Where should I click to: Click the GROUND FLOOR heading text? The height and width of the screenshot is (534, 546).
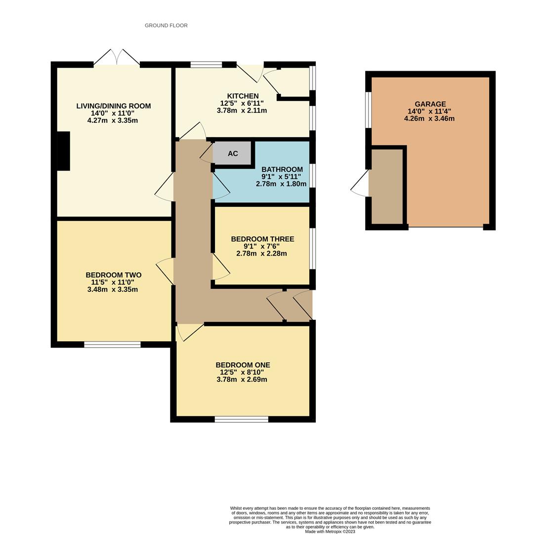[166, 25]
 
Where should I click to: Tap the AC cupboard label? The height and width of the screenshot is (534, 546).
[233, 153]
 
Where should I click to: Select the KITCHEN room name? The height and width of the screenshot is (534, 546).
[243, 96]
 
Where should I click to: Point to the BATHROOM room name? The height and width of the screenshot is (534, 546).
[282, 169]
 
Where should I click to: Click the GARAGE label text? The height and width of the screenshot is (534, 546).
[430, 104]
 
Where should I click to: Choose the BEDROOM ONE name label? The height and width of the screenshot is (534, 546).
[243, 365]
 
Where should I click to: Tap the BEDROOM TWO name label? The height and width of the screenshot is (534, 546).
[113, 275]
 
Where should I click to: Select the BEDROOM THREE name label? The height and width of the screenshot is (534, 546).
[262, 239]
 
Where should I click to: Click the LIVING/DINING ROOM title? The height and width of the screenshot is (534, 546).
[113, 106]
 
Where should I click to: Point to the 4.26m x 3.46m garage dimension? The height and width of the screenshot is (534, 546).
[429, 119]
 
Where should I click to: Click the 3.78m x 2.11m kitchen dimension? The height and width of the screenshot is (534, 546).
[242, 111]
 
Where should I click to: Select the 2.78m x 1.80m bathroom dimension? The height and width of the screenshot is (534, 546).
[281, 184]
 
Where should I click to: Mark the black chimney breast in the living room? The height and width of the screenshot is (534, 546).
[63, 151]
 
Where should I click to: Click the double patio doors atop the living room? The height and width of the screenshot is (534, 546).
[117, 58]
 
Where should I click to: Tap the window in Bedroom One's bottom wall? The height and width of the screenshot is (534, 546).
[241, 419]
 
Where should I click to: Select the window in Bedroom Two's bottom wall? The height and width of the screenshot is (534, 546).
[112, 345]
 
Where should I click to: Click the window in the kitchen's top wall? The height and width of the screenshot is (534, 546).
[206, 64]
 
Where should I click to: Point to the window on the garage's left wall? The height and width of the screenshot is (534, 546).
[368, 110]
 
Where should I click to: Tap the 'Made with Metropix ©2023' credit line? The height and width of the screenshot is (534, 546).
[330, 532]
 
